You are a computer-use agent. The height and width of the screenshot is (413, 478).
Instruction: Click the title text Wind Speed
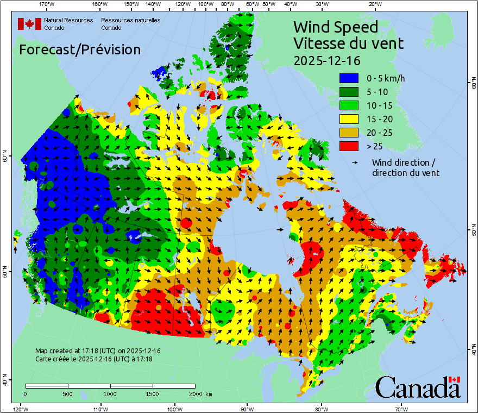click(335, 27)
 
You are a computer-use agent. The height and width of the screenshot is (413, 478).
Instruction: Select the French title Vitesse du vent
click(348, 43)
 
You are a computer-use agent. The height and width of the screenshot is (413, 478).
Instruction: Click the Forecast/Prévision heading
click(80, 49)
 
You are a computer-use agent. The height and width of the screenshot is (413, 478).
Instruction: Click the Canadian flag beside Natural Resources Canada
click(29, 24)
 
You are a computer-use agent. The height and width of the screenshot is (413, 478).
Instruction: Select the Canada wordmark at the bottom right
click(417, 387)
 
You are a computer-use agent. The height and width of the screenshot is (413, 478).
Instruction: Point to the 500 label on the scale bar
click(67, 393)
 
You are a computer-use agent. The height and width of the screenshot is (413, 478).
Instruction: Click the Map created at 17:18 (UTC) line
click(98, 351)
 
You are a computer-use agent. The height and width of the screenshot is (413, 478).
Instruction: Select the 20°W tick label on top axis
click(374, 4)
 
